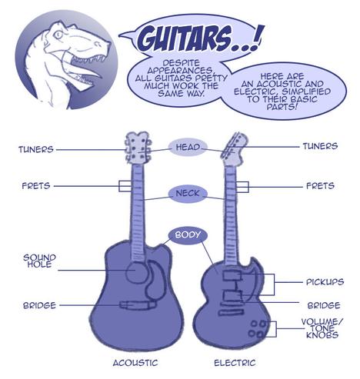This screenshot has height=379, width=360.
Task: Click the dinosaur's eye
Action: click(x=58, y=35)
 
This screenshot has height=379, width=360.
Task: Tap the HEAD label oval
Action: click(x=188, y=148)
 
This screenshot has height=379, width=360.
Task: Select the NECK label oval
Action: click(x=188, y=194)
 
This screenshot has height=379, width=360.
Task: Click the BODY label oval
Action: click(x=188, y=235)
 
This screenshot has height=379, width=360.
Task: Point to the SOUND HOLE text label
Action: click(x=39, y=261)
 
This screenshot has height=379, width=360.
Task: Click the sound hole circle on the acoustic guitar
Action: click(x=136, y=272)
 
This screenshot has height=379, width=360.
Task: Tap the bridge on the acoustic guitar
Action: click(x=138, y=304)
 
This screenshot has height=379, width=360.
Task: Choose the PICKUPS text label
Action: click(x=325, y=282)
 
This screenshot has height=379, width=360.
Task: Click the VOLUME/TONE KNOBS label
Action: click(x=322, y=328)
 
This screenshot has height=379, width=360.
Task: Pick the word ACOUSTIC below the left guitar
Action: click(x=135, y=363)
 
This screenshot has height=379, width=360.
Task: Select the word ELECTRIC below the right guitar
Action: click(x=235, y=363)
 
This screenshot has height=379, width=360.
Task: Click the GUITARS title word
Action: click(x=184, y=38)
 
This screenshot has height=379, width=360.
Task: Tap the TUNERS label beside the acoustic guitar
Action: click(x=36, y=149)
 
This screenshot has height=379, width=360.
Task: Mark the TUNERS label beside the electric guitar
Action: click(x=320, y=146)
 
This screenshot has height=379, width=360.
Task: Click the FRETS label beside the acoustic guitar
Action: click(x=36, y=186)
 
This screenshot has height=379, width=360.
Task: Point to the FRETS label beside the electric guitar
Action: click(x=321, y=186)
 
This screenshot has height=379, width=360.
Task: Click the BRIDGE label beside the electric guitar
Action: click(x=324, y=305)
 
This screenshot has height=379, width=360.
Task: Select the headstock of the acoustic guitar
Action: click(x=138, y=148)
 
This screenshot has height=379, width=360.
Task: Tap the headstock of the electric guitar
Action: click(x=234, y=149)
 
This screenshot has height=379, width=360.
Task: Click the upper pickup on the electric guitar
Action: click(x=232, y=275)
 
